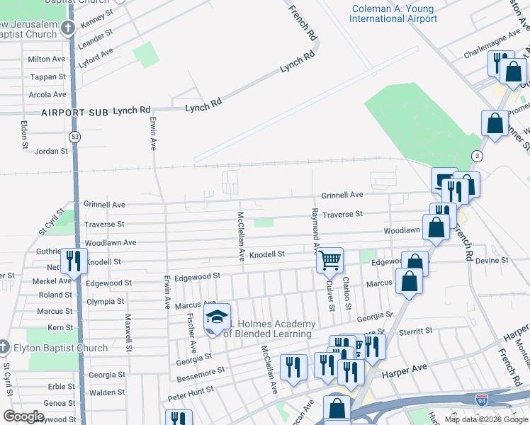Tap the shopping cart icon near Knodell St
click(329, 260)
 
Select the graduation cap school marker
click(218, 316)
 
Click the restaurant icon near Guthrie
click(74, 261)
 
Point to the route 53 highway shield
click(74, 136)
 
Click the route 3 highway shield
click(478, 156)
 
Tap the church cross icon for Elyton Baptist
click(4, 347)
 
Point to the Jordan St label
click(51, 151)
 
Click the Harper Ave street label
click(405, 369)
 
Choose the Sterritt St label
click(415, 331)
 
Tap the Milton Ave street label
click(47, 59)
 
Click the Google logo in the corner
click(23, 416)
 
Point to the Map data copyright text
click(485, 419)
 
